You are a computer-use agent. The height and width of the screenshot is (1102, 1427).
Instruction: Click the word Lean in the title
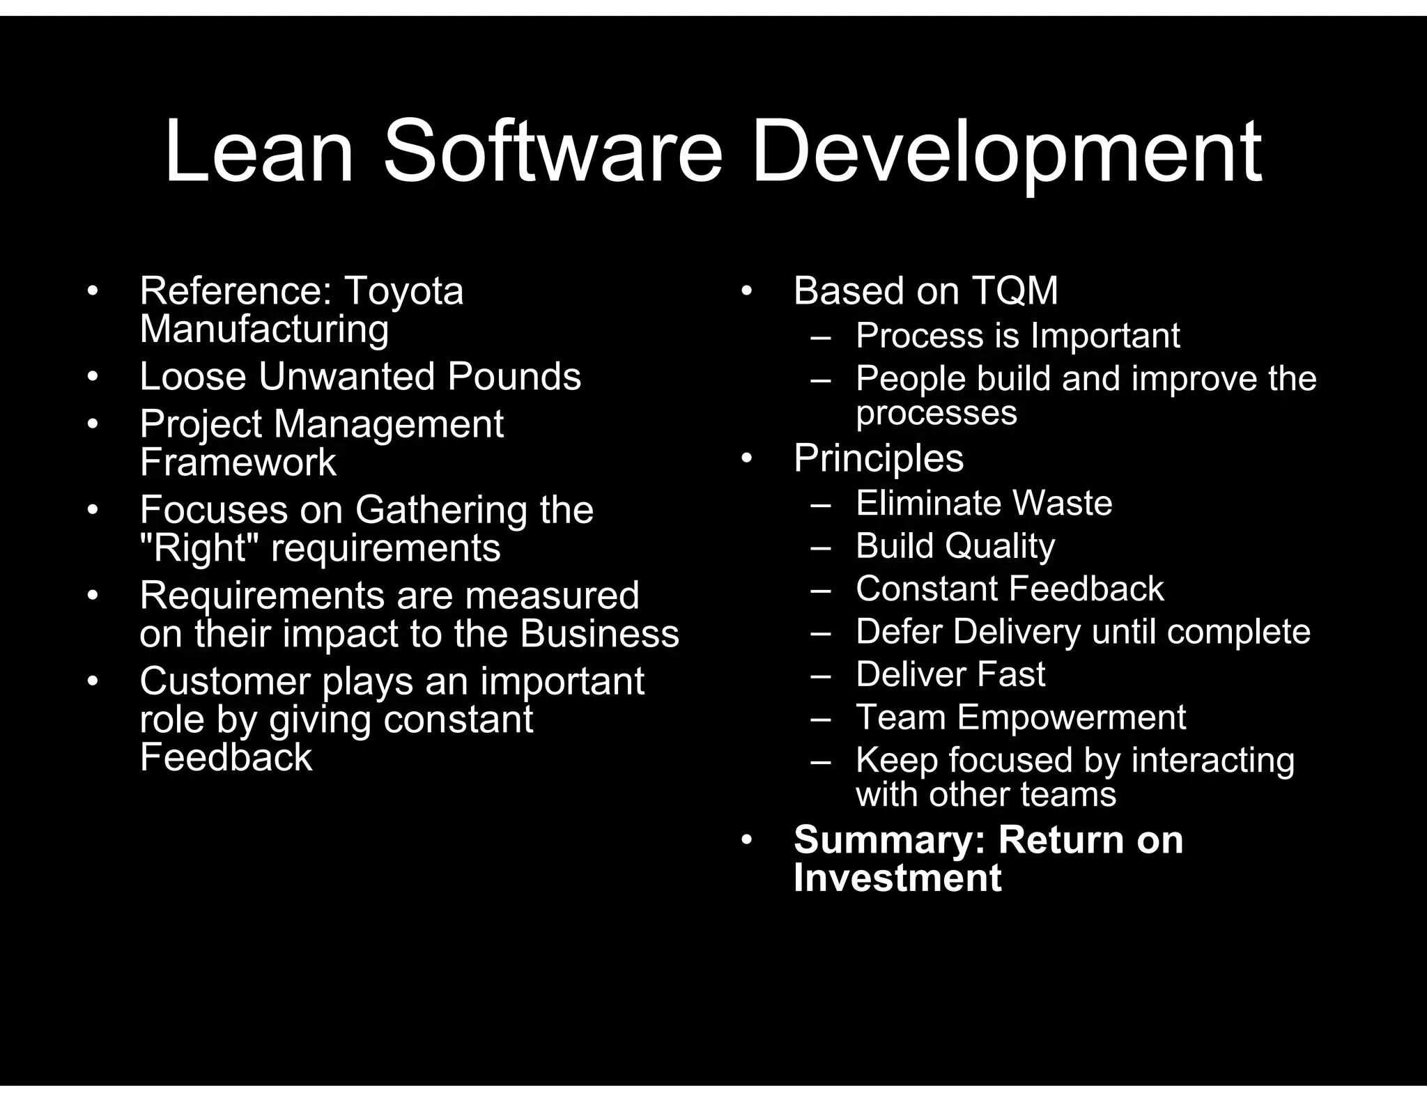(x=259, y=152)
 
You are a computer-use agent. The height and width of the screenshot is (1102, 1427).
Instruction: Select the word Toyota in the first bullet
(x=403, y=290)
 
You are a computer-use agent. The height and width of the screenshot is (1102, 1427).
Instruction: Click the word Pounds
(x=514, y=377)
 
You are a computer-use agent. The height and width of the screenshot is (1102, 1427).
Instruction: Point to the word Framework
(x=238, y=463)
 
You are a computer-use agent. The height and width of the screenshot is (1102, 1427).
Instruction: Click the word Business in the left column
(x=599, y=634)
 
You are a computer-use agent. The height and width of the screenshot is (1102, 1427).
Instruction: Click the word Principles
(x=879, y=458)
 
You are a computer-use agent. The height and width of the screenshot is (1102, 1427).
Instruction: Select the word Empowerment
(x=1071, y=717)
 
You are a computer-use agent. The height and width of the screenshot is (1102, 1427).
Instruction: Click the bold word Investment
(x=897, y=878)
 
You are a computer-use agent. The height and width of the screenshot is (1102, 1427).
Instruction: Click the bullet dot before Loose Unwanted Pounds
(x=93, y=377)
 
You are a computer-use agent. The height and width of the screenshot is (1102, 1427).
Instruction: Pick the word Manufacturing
(x=264, y=329)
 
